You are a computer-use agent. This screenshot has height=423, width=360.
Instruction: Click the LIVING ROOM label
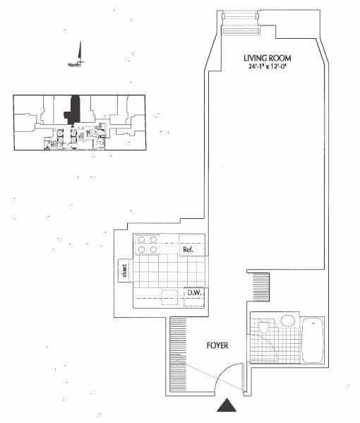click(268, 58)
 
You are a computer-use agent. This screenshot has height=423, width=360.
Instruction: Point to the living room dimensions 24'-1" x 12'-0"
click(267, 66)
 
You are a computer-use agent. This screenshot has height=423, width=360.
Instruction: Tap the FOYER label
click(217, 345)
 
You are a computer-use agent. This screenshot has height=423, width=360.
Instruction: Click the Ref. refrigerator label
click(188, 249)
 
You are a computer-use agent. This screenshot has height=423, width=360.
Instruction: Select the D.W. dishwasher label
click(194, 292)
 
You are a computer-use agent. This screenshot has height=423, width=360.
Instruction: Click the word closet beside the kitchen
click(124, 270)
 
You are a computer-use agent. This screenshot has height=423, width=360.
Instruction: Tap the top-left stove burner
click(141, 239)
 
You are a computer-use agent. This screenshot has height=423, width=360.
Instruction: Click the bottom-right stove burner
click(153, 250)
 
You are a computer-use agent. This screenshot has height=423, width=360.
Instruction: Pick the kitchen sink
click(169, 297)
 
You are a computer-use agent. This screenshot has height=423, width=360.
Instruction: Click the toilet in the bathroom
click(263, 326)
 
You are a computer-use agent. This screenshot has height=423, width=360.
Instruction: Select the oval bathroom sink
click(288, 321)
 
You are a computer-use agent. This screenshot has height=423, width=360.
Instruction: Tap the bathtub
click(312, 340)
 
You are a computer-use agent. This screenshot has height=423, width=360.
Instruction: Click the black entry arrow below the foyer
click(227, 405)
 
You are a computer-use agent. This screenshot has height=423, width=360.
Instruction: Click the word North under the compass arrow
click(74, 65)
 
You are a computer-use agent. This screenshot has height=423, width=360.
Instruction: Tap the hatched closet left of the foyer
click(178, 355)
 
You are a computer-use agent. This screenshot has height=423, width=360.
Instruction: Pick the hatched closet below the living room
click(261, 287)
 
